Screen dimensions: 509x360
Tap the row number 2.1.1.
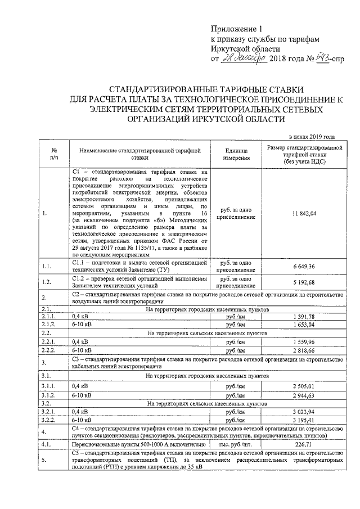tap(48, 318)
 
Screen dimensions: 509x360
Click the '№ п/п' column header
tap(54, 155)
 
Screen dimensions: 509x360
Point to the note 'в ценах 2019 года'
tap(312, 137)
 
